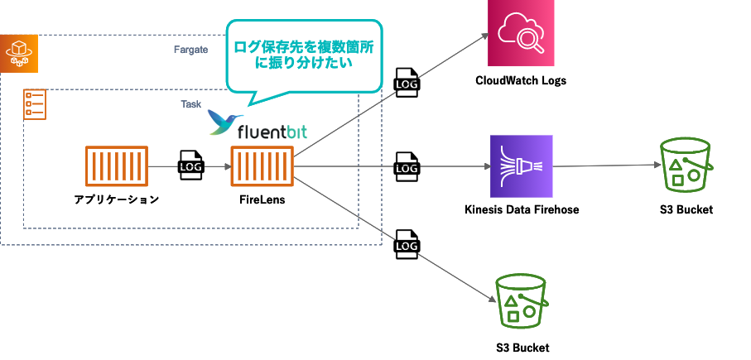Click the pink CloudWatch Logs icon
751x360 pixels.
point(521,33)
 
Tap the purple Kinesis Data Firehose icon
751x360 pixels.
point(521,166)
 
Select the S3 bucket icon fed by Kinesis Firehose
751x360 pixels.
point(686,166)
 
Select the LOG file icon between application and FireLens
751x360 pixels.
point(190,166)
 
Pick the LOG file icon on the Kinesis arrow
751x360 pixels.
point(407,166)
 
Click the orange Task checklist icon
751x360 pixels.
point(35,103)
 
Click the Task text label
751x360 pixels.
point(190,103)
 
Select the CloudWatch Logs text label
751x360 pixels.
point(521,80)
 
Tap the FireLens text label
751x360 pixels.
point(262,199)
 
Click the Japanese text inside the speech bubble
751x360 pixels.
point(304,55)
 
